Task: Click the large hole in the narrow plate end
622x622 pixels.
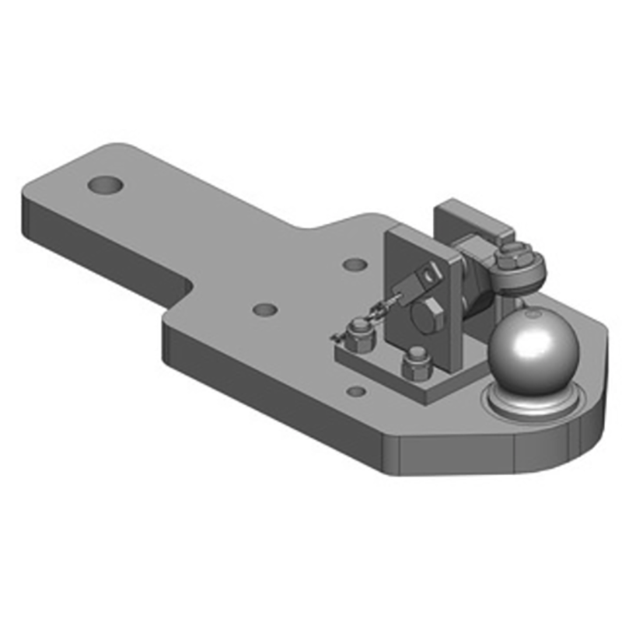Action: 106,186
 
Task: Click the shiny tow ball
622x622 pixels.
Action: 534,348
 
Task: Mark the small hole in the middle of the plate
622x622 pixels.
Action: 265,309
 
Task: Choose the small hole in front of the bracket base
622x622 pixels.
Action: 356,391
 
